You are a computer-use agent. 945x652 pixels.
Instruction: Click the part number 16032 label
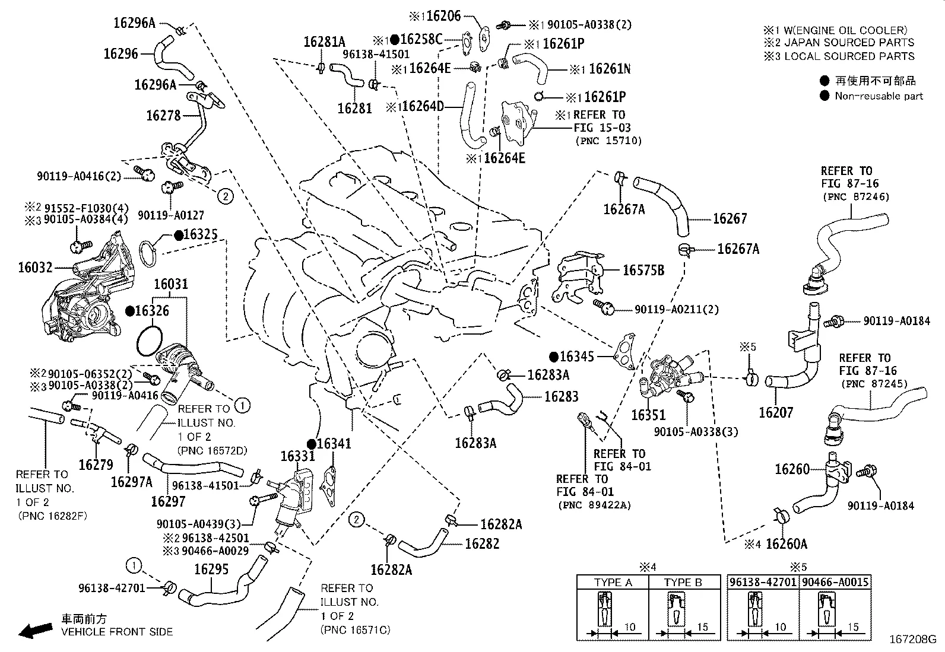click(35, 268)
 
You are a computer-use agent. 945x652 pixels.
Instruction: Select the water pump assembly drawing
click(89, 291)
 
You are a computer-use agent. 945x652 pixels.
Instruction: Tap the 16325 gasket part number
click(200, 235)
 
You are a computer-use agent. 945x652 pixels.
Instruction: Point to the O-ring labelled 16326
click(148, 340)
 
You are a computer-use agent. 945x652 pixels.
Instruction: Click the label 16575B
click(643, 271)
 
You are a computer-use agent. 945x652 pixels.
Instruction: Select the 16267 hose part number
click(730, 218)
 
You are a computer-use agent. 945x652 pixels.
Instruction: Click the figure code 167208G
click(912, 640)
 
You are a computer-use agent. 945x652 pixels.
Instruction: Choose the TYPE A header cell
click(613, 582)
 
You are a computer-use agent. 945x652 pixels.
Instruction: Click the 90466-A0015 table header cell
click(835, 582)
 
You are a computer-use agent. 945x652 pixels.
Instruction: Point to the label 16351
click(648, 415)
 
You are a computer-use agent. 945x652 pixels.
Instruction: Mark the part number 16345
click(576, 357)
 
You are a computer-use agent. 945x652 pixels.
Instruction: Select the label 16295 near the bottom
click(211, 569)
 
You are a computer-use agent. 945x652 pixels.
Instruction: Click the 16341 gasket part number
click(334, 444)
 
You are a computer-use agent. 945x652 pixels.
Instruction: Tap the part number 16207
click(776, 412)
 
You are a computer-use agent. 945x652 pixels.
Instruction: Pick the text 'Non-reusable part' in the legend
click(879, 96)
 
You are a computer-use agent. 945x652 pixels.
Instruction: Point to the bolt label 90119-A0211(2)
click(676, 309)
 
